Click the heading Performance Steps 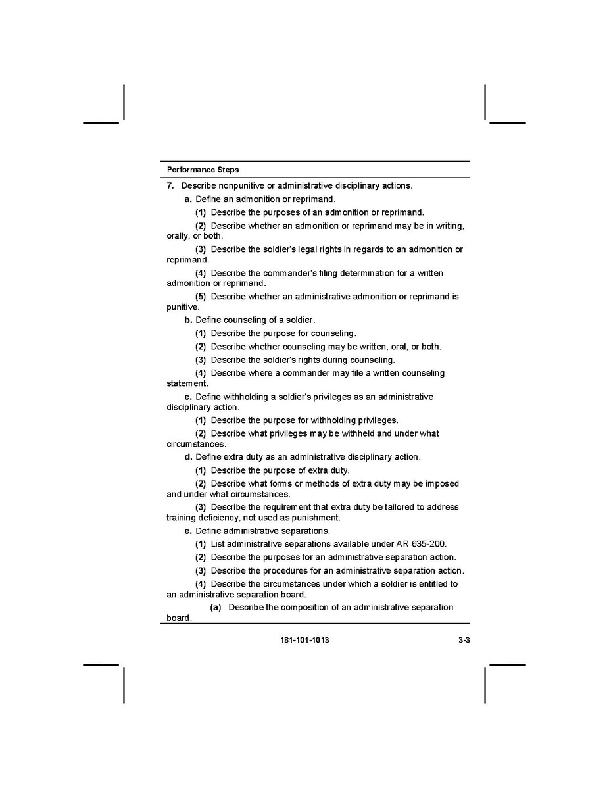click(203, 170)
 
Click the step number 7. click(170, 186)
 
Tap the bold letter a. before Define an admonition click(188, 199)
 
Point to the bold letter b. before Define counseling click(188, 320)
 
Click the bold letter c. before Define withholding click(188, 397)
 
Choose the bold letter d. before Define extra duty click(188, 457)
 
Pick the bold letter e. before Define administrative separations click(188, 531)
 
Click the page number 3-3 click(464, 640)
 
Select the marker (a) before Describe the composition click(216, 607)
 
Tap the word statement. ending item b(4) click(187, 383)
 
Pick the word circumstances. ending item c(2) click(195, 444)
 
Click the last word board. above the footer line click(179, 618)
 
